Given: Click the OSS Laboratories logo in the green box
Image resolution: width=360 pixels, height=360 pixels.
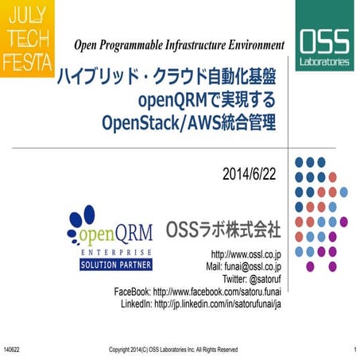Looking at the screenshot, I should tap(327, 47).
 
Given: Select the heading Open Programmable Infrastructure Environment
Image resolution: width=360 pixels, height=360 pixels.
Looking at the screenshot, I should tap(179, 43).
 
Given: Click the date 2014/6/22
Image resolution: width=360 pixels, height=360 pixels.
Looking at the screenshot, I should tap(250, 172).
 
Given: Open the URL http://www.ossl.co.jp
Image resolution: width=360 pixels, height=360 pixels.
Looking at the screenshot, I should tap(243, 254).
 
